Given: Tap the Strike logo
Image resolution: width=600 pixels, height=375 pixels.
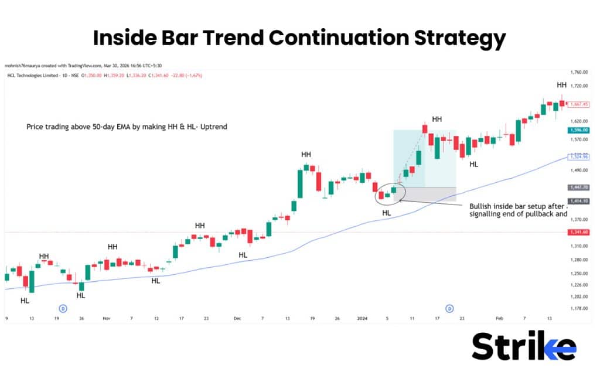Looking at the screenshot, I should point(523,346).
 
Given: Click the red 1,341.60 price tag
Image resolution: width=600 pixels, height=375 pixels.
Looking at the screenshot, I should point(578,233).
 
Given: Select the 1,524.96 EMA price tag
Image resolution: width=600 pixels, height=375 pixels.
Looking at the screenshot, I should point(578,156).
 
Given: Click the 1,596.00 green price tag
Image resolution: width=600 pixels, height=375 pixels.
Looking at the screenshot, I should point(578,130).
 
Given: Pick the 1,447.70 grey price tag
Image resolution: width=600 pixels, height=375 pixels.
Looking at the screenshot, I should point(578,187).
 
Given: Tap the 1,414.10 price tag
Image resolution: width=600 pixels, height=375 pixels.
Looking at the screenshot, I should point(578,201).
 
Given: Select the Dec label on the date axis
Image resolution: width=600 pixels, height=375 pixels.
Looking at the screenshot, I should point(237,319).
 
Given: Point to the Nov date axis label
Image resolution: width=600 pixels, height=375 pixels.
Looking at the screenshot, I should point(106,319).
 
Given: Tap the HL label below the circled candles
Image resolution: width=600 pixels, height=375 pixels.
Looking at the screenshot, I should point(386,213).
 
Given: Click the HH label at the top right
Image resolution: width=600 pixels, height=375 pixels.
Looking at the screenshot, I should point(561,86).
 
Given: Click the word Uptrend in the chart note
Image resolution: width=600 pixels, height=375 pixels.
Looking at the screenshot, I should point(214,127).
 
